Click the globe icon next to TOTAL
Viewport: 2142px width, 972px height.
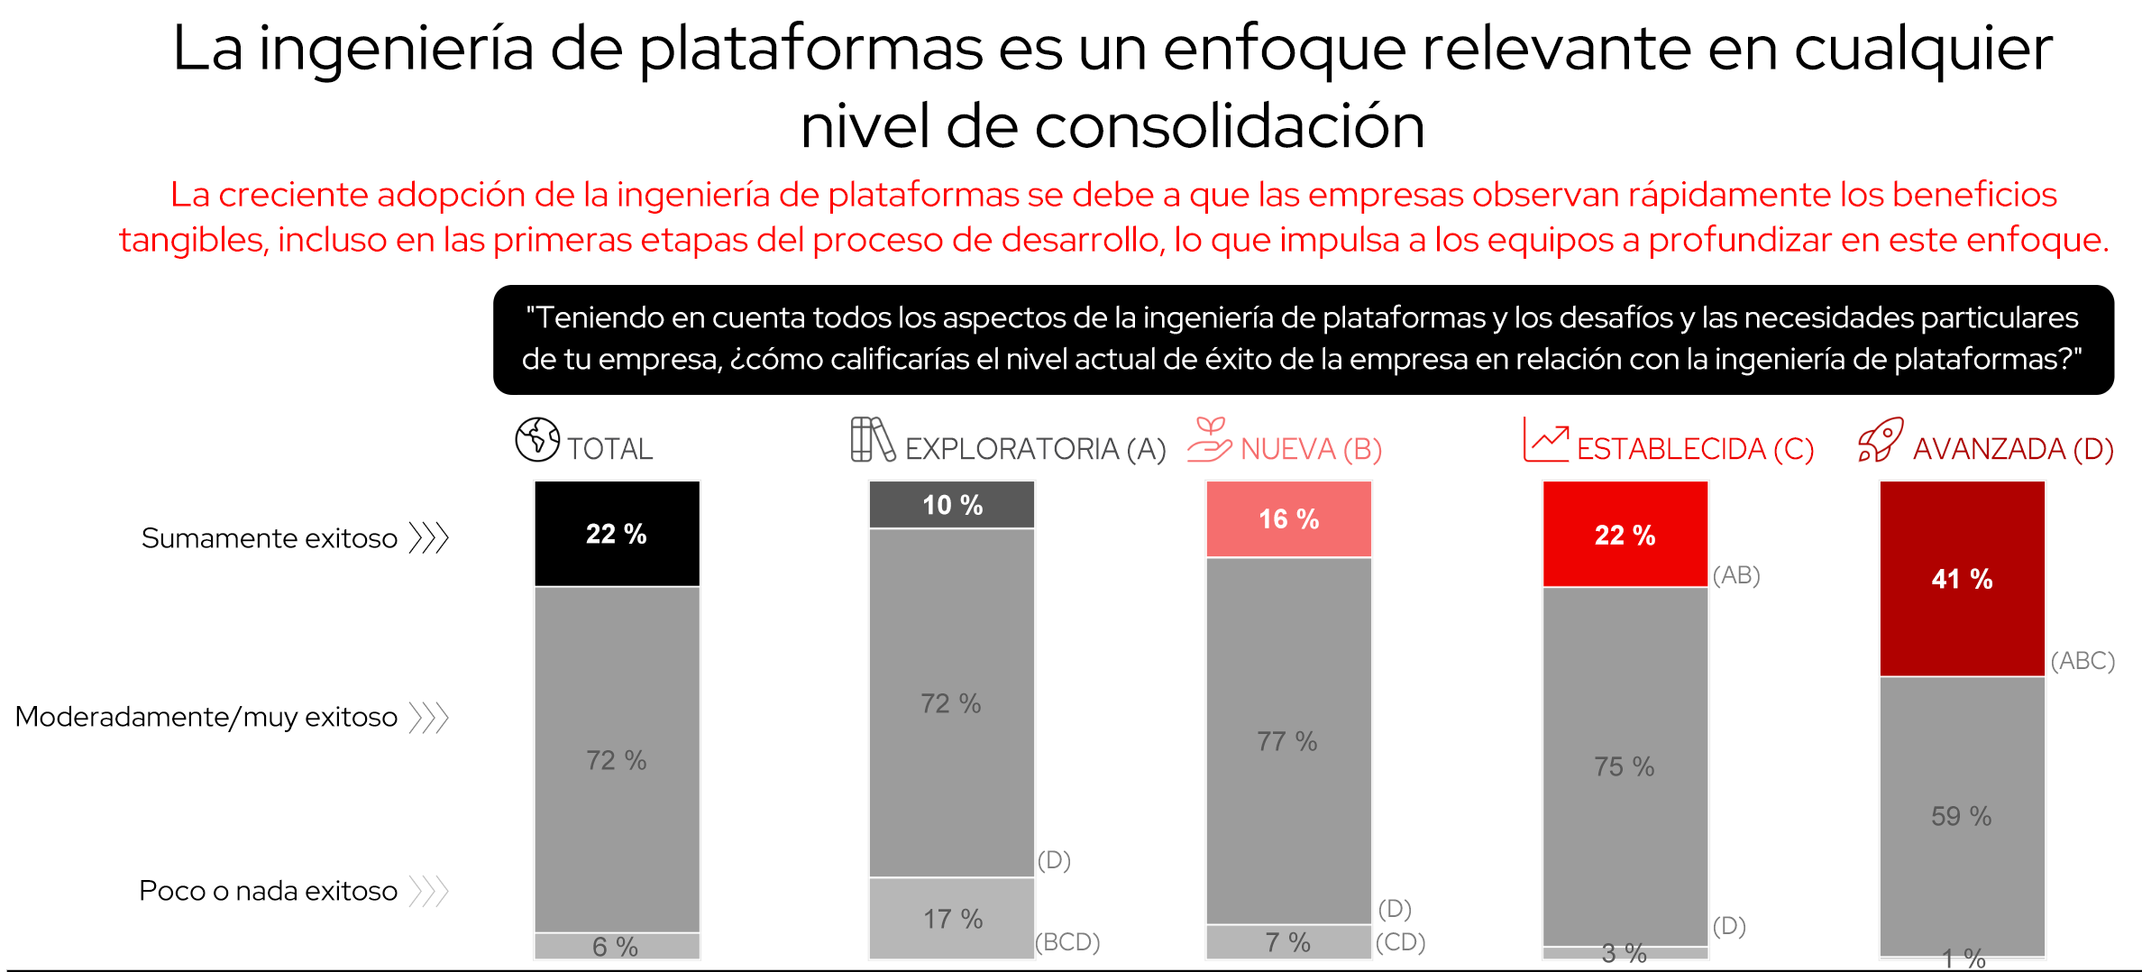(537, 440)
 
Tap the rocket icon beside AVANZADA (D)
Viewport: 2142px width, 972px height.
(1881, 440)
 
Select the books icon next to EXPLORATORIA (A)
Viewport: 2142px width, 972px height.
(872, 440)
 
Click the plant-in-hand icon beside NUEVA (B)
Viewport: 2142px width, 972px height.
(1209, 440)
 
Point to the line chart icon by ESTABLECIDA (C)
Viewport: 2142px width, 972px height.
(1545, 440)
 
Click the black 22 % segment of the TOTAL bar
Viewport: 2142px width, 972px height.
(617, 534)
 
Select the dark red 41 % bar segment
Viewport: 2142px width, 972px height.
(1962, 579)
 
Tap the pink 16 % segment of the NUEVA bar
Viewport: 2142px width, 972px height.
(1288, 518)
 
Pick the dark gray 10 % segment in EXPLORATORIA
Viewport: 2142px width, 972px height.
(951, 505)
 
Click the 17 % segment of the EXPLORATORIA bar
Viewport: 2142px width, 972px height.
(951, 919)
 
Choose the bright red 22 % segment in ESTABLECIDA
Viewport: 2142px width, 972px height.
(1625, 535)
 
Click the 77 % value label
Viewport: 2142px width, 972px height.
(1287, 741)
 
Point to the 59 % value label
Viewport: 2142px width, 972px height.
(1961, 816)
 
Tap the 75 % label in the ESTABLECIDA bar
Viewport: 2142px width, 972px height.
(1624, 766)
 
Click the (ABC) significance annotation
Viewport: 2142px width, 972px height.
(2082, 661)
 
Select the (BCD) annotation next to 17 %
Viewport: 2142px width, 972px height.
(1067, 942)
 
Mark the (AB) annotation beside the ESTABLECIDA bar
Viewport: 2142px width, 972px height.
(1736, 575)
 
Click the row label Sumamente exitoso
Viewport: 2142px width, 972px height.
(269, 538)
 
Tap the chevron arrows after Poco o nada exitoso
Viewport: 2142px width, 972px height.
(429, 891)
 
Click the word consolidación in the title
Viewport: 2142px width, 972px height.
(1230, 126)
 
